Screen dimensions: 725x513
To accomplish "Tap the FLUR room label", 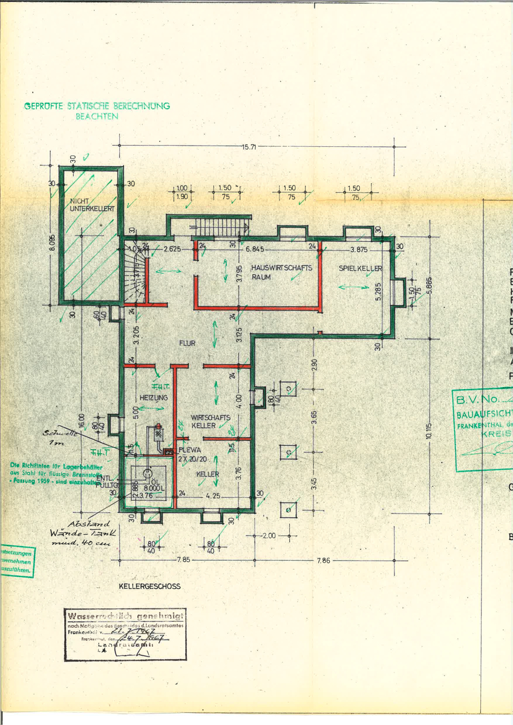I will point(187,343).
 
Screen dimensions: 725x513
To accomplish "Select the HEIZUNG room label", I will point(154,398).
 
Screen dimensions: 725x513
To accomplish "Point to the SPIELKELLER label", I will point(361,268).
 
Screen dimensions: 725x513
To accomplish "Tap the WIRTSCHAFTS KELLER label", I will point(211,422).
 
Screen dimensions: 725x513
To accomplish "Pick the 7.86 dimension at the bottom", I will point(324,561).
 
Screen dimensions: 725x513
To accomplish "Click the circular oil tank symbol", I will point(145,474).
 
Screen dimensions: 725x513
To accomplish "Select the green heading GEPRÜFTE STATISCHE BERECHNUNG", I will point(97,106).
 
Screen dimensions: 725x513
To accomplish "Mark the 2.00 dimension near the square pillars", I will point(269,535).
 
